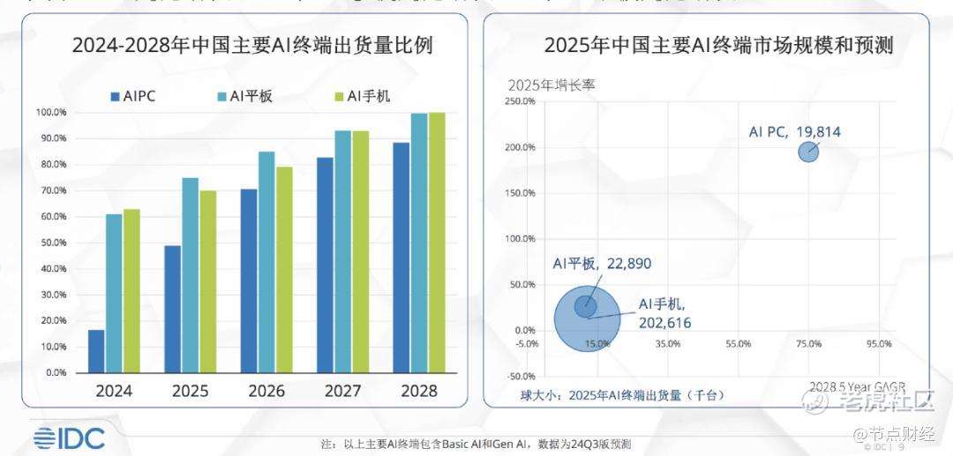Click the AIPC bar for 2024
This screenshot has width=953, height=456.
click(x=96, y=351)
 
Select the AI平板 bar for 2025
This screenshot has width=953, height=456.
click(x=190, y=275)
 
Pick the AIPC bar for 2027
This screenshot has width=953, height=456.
click(x=325, y=265)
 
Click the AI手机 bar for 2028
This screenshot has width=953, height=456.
click(x=437, y=243)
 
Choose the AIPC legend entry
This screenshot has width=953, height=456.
click(x=133, y=96)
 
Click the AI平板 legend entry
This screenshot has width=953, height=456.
click(x=244, y=96)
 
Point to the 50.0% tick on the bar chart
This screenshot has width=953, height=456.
click(x=50, y=243)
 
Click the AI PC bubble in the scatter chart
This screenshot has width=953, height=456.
click(x=808, y=152)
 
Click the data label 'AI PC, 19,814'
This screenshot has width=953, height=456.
click(x=794, y=132)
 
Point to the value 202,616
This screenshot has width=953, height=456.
click(x=664, y=323)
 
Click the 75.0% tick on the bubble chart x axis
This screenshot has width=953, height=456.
click(x=808, y=343)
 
